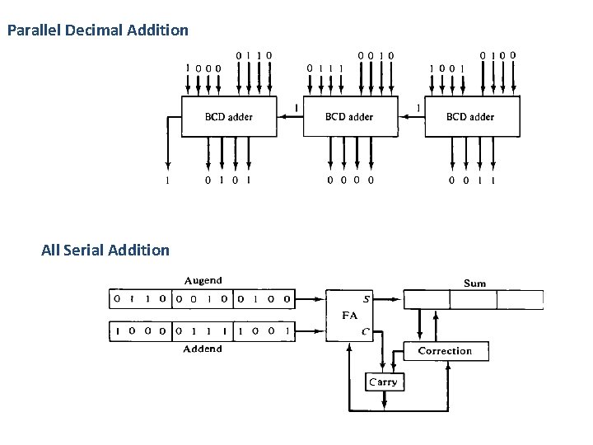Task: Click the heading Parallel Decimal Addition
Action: point(97,31)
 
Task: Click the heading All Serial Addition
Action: point(105,249)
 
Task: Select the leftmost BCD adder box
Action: point(228,116)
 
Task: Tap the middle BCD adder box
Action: point(348,116)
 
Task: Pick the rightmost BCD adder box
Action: point(470,116)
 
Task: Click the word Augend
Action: point(202,281)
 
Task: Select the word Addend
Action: point(202,349)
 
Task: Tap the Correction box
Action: point(446,351)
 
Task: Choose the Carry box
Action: point(382,382)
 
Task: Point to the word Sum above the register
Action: point(475,283)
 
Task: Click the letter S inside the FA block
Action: point(365,298)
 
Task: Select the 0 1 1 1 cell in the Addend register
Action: point(203,331)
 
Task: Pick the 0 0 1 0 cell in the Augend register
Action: point(203,297)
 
